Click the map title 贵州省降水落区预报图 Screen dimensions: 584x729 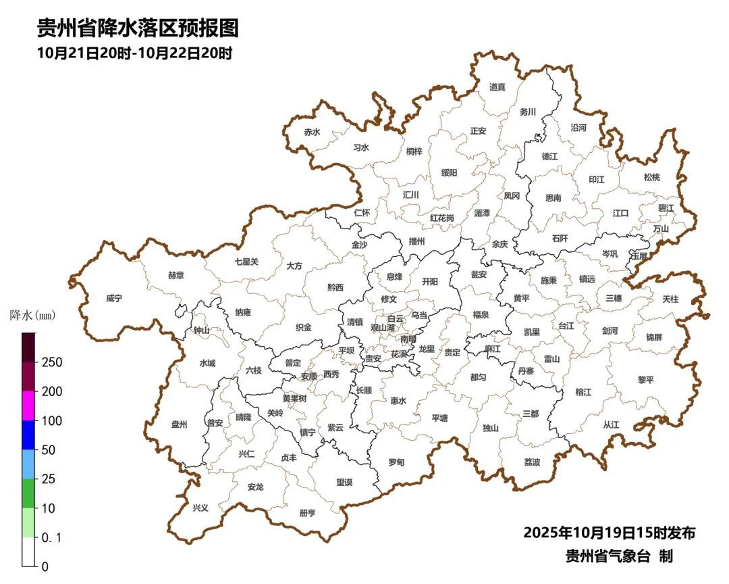(x=138, y=28)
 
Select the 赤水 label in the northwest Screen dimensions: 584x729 (x=311, y=132)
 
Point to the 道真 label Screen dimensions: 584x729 (x=497, y=87)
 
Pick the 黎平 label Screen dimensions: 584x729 (x=646, y=379)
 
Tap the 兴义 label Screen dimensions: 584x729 (x=200, y=508)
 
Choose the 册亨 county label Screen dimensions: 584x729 (x=306, y=513)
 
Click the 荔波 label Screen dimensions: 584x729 (x=532, y=462)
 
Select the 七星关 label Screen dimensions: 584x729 (x=246, y=261)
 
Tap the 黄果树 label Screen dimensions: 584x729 (x=294, y=398)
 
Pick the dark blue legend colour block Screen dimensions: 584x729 (x=28, y=435)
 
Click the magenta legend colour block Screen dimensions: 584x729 (x=28, y=406)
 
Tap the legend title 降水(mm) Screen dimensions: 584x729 (x=33, y=316)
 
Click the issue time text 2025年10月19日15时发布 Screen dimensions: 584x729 (x=609, y=533)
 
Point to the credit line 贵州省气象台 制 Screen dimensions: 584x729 (x=619, y=556)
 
